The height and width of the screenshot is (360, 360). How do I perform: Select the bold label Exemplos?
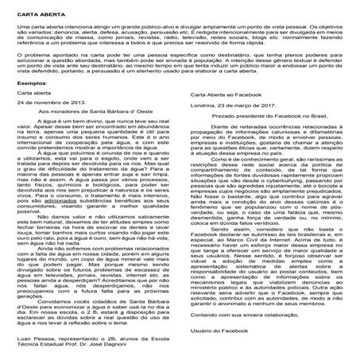click(x=32, y=103)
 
